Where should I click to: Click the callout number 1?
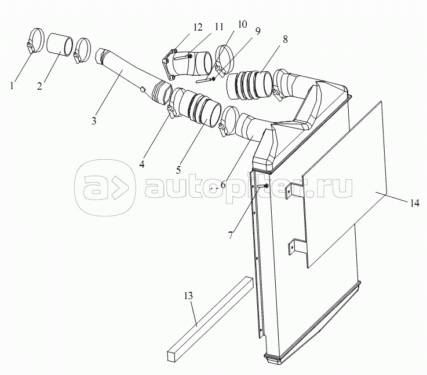coord(12,86)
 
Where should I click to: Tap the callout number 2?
coord(40,86)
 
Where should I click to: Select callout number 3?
coord(94,120)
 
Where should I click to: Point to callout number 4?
coord(141,164)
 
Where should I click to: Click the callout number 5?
coord(178,170)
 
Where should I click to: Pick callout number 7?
coord(231,235)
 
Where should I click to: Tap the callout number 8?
coord(285,39)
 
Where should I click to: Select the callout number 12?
coord(198,27)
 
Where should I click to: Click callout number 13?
coord(188,296)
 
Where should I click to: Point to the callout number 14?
coord(414,203)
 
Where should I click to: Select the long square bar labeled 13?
coord(210,319)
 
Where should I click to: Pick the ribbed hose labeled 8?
coord(250,85)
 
